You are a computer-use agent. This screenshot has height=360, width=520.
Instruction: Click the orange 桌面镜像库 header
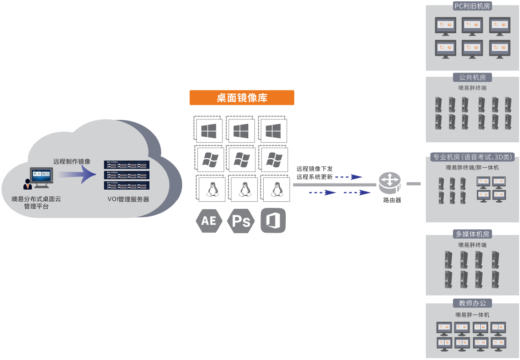point(242,98)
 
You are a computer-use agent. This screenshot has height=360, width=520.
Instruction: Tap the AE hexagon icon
point(208,220)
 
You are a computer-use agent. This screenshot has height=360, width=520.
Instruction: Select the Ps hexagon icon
point(241,221)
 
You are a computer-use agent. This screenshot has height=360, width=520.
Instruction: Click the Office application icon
point(273,220)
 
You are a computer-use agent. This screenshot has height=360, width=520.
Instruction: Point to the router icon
point(390,183)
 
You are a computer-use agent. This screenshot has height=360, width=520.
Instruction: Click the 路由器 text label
point(392,200)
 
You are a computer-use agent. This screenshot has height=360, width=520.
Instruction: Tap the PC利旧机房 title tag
point(472,6)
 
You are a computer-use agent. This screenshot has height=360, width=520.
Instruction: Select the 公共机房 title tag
point(472,78)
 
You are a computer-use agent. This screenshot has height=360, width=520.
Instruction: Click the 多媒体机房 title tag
point(472,234)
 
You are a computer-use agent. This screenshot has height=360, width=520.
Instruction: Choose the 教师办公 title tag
point(472,303)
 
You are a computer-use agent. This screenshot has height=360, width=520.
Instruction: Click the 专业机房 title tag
point(472,157)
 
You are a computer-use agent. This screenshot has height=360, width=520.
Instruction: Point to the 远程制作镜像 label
point(72,162)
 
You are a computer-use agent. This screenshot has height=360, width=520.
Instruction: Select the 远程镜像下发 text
point(315,169)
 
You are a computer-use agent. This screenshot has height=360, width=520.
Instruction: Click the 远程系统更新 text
point(315,177)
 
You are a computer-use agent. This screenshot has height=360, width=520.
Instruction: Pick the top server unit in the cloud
point(126,165)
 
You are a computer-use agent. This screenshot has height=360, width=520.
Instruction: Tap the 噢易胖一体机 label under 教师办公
point(472,315)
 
